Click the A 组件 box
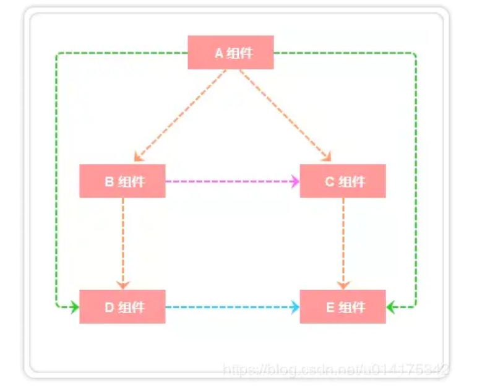tap(231, 53)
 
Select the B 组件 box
tap(122, 181)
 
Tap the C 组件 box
tap(343, 181)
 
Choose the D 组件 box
tap(122, 307)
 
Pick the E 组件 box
tap(343, 307)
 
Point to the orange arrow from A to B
tap(179, 115)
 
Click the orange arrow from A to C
tap(285, 115)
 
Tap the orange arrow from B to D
tap(123, 241)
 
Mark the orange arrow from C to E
tap(343, 241)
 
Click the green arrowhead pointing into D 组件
tap(74, 307)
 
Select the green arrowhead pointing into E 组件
tap(392, 307)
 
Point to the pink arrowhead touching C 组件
tap(294, 182)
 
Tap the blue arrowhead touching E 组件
tap(294, 307)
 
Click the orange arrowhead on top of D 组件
tap(123, 285)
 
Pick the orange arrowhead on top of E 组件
tap(343, 285)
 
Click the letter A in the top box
tap(218, 53)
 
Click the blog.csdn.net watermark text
tap(334, 371)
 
